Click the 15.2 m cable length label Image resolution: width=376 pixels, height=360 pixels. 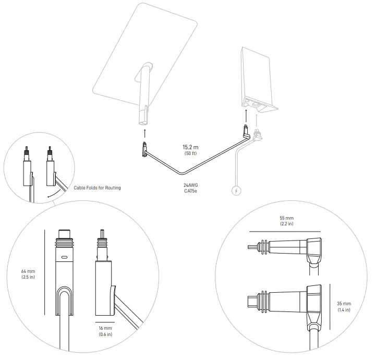(x=191, y=148)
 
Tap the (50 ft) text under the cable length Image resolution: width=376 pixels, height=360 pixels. (x=191, y=154)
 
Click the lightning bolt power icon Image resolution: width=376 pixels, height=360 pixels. (x=237, y=191)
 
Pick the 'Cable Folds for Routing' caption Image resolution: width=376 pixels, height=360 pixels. (x=97, y=188)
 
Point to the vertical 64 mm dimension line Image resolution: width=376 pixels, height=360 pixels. (x=46, y=271)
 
